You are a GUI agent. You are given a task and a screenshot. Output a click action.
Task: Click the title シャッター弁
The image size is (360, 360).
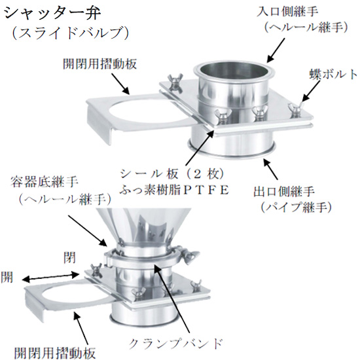pyautogui.click(x=52, y=13)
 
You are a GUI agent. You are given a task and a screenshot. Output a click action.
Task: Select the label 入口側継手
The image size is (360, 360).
pyautogui.click(x=287, y=12)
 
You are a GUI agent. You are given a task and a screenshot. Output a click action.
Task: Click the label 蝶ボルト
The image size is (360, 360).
pyautogui.click(x=334, y=74)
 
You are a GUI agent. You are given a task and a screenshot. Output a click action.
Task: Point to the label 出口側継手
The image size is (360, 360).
pyautogui.click(x=284, y=192)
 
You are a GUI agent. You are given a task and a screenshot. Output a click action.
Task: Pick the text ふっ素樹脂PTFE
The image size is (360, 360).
pyautogui.click(x=174, y=190)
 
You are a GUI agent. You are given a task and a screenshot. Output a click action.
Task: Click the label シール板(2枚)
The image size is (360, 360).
pyautogui.click(x=172, y=174)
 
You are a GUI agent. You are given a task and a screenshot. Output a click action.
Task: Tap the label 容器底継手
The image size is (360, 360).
pyautogui.click(x=45, y=183)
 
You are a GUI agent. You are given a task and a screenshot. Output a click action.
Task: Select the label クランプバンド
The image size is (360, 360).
pyautogui.click(x=175, y=344)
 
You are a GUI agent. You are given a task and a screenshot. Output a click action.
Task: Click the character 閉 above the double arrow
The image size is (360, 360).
pyautogui.click(x=69, y=258)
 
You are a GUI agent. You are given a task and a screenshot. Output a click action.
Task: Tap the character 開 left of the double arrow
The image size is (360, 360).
pyautogui.click(x=7, y=277)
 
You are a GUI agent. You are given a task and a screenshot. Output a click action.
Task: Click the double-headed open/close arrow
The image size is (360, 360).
pyautogui.click(x=50, y=277)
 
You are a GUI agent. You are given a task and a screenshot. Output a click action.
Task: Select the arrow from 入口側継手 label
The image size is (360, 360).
pyautogui.click(x=276, y=50)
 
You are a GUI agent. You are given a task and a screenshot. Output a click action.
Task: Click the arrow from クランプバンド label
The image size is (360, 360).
pyautogui.click(x=172, y=298)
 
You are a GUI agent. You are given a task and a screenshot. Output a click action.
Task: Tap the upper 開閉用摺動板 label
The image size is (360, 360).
pyautogui.click(x=100, y=64)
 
